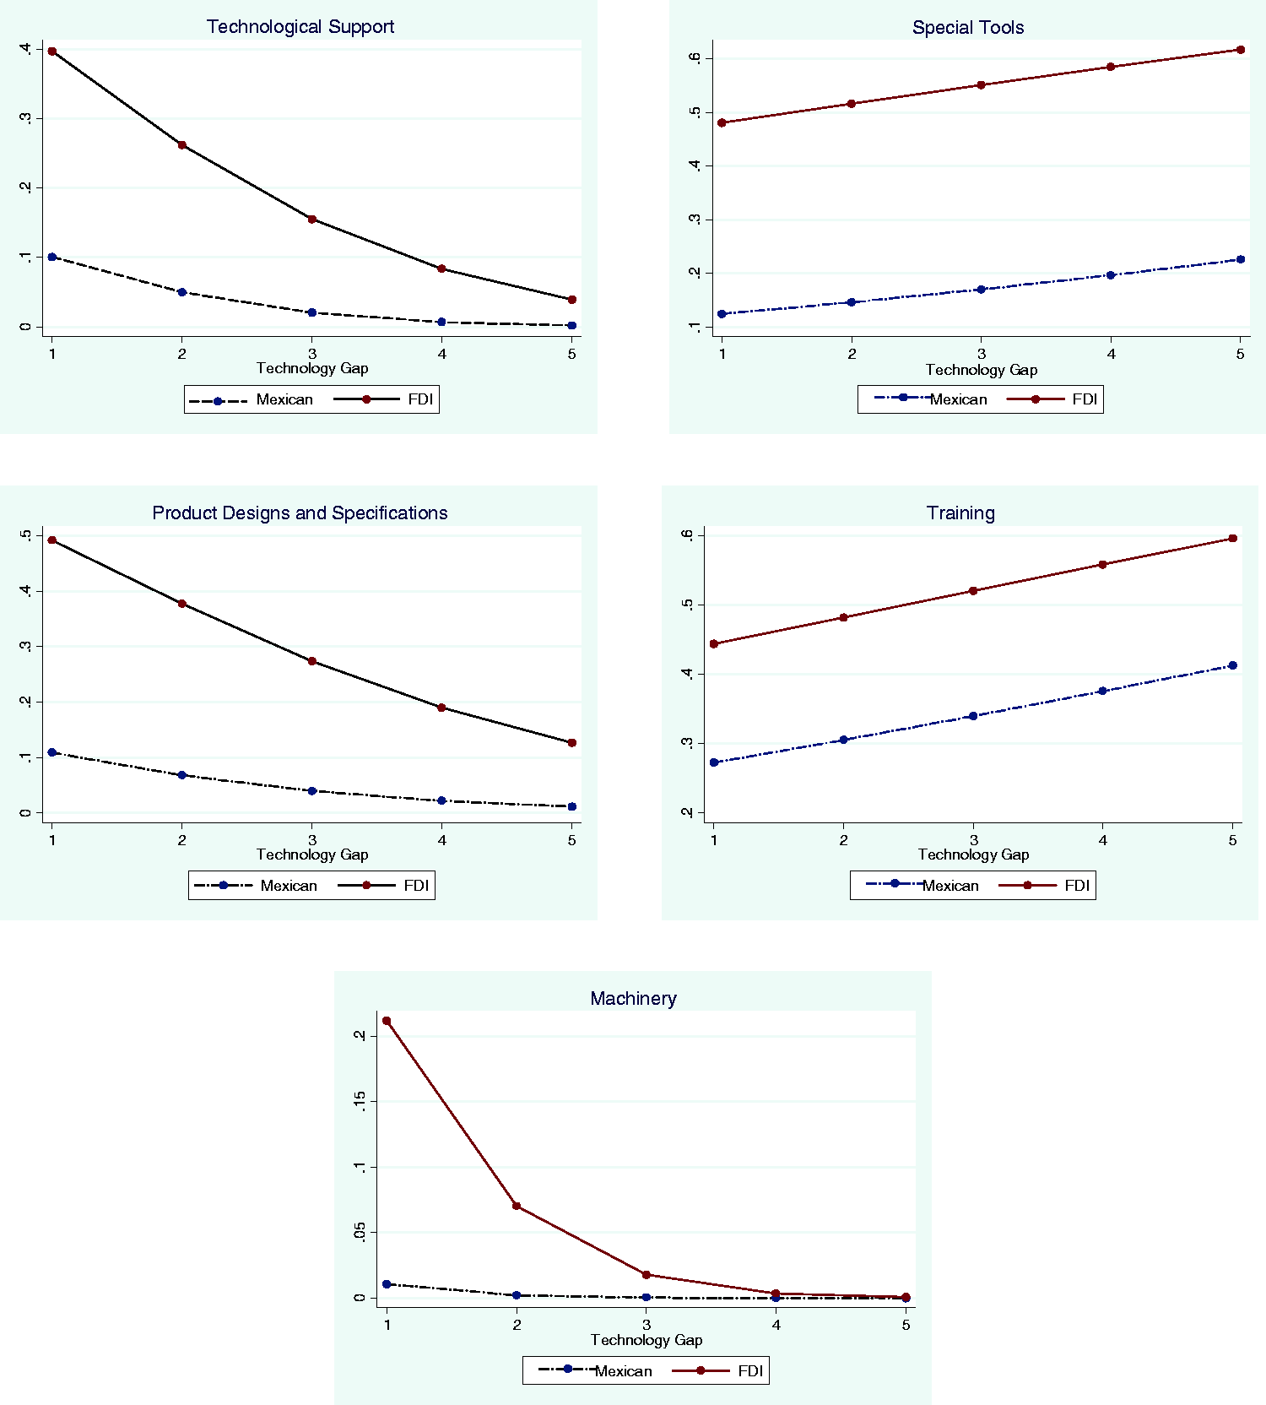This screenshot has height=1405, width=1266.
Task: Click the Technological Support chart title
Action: (300, 27)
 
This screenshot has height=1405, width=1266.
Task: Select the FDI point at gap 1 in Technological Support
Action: (52, 52)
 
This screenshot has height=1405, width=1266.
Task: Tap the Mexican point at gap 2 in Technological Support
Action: (182, 292)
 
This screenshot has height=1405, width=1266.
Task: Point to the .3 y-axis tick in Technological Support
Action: (28, 118)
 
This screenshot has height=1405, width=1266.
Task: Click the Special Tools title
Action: (968, 28)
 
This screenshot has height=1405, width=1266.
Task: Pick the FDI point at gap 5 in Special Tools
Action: (1241, 50)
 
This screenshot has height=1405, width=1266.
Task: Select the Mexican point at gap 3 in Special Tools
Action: (981, 290)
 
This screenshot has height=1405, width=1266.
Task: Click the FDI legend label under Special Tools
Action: (1085, 399)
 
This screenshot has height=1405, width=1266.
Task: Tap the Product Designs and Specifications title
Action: (300, 513)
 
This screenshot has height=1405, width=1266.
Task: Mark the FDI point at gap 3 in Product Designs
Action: (312, 661)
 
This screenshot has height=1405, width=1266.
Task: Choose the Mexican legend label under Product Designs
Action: (289, 886)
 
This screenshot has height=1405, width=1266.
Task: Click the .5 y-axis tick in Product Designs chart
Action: (28, 535)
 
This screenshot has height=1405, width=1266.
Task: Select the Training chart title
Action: (960, 513)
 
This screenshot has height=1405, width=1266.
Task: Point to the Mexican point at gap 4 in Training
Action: (1102, 691)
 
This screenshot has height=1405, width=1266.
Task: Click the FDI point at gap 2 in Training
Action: (843, 618)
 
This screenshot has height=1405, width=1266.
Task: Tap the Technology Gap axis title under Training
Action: (973, 854)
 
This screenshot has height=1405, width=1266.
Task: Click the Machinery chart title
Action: (633, 999)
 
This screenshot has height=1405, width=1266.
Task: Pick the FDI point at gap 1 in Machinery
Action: (387, 1021)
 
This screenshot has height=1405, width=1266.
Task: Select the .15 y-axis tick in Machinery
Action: (361, 1101)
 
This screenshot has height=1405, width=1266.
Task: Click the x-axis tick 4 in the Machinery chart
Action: (776, 1325)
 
